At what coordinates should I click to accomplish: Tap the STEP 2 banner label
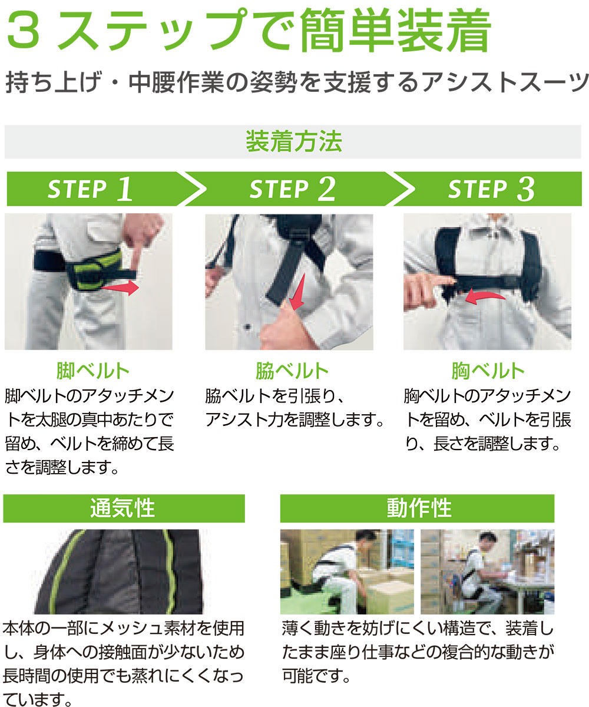click(x=292, y=189)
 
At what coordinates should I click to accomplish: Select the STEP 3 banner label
click(x=491, y=189)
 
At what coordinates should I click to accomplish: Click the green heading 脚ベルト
click(x=92, y=371)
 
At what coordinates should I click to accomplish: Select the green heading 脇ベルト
click(x=292, y=371)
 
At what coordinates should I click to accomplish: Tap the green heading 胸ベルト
click(x=488, y=371)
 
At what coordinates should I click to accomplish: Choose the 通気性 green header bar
click(x=123, y=508)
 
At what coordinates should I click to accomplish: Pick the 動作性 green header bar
click(x=418, y=508)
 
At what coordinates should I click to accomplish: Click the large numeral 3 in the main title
click(x=25, y=32)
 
